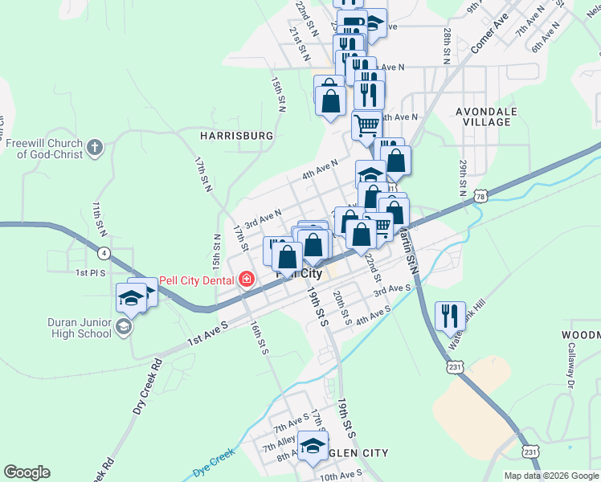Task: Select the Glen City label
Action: (x=354, y=453)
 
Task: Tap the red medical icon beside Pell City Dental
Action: (x=247, y=280)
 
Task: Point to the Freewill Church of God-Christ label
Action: (x=45, y=149)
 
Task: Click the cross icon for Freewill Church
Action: (x=95, y=147)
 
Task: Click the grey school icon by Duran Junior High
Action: (x=123, y=325)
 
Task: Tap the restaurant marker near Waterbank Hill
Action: (x=449, y=315)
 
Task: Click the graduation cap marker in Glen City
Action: (x=313, y=445)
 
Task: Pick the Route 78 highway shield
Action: (x=480, y=196)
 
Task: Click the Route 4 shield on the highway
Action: (x=104, y=253)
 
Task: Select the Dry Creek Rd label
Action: (x=148, y=385)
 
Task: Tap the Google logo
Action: (x=27, y=472)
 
